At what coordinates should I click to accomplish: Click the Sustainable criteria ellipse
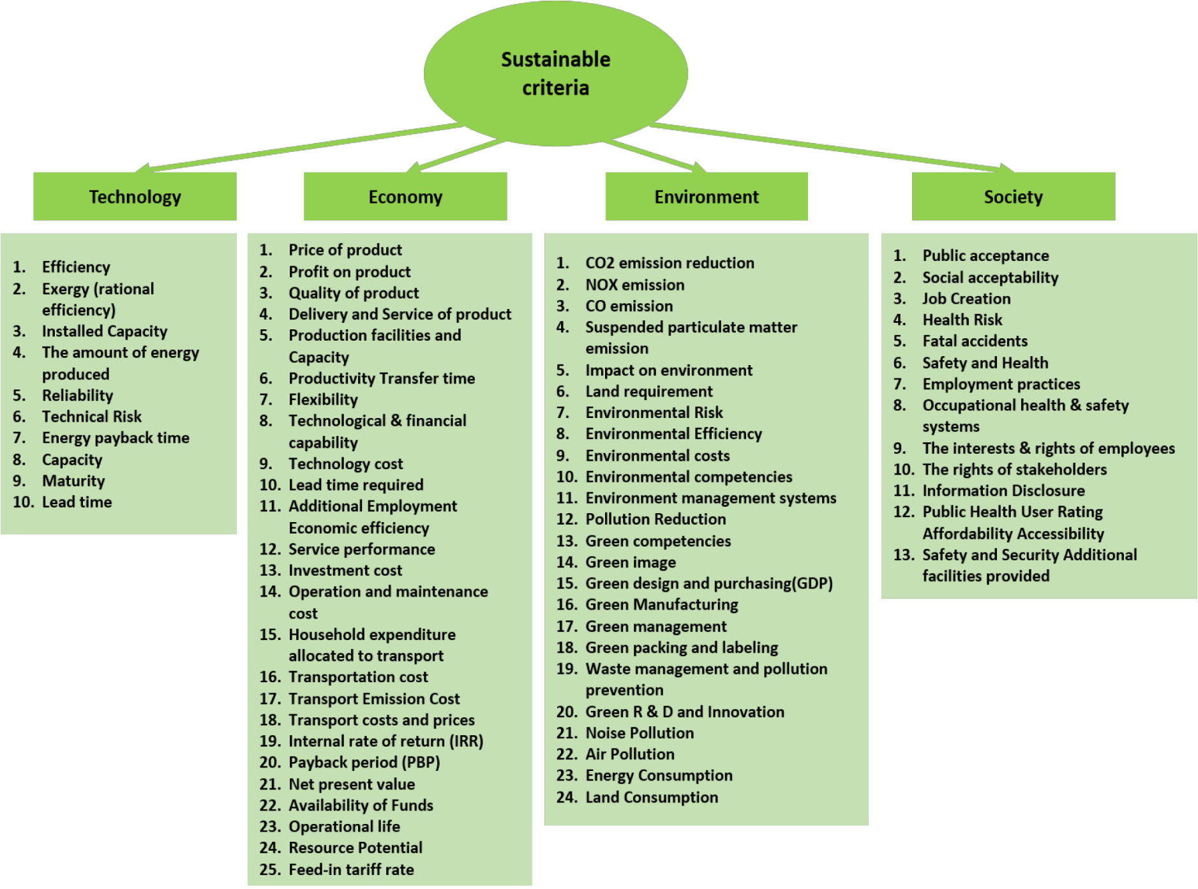click(x=555, y=73)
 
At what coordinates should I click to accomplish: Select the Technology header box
click(x=135, y=197)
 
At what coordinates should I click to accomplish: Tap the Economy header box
click(x=405, y=197)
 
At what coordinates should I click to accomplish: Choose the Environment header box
click(x=707, y=197)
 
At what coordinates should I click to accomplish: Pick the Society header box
click(x=1013, y=197)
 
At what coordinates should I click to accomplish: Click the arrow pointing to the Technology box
click(x=300, y=147)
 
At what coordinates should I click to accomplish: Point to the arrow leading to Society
click(x=830, y=147)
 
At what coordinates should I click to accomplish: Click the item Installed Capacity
click(x=105, y=331)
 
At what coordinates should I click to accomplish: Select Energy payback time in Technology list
click(x=116, y=438)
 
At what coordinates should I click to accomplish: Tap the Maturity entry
click(x=73, y=481)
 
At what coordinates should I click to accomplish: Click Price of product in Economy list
click(x=345, y=250)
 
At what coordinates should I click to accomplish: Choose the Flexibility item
click(x=323, y=400)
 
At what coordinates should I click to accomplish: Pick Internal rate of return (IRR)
click(x=386, y=741)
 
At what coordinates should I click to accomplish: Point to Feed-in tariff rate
click(x=351, y=869)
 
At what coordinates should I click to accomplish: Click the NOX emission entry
click(x=634, y=285)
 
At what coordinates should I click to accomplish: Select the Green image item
click(x=631, y=562)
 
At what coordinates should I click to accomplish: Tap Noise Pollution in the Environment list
click(x=640, y=733)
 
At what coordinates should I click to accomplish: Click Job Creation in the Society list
click(x=966, y=299)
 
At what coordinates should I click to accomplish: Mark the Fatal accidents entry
click(x=975, y=341)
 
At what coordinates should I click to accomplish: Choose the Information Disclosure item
click(x=1003, y=490)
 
